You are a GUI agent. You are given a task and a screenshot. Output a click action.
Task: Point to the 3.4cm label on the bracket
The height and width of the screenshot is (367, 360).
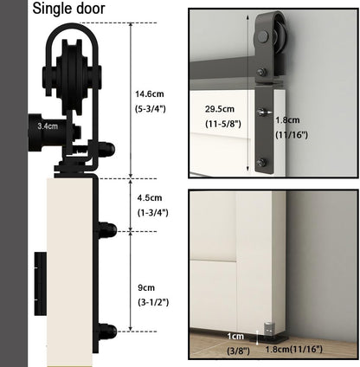tap(48, 126)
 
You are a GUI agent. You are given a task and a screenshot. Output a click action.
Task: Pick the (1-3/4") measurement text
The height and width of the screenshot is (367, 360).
tap(153, 211)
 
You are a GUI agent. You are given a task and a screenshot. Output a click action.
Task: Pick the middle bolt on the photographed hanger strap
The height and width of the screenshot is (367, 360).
tap(261, 112)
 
